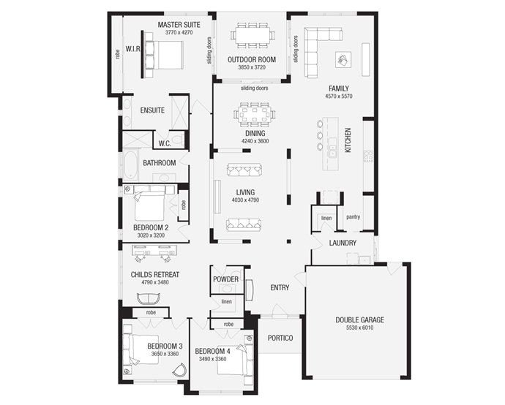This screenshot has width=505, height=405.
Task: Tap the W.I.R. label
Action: point(132,50)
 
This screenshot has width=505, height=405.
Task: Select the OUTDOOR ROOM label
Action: point(251,59)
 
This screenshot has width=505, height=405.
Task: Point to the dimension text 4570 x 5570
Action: point(339,96)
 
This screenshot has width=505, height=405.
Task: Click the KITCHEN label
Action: point(348,140)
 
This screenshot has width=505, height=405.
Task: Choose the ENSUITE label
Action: point(152,110)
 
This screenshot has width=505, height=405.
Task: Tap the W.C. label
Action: point(164,143)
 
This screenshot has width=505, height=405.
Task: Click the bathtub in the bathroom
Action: point(130,164)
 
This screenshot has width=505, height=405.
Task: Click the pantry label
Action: point(353,216)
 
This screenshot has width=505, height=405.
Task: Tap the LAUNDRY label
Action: point(343,243)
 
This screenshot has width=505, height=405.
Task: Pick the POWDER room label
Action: point(225,279)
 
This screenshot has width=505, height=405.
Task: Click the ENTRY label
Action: point(280,287)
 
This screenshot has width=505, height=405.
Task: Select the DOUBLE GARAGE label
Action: point(359,319)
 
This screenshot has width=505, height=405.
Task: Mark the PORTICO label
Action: point(280,338)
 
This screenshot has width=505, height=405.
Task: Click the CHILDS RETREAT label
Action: point(155,274)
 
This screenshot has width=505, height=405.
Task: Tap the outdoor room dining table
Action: point(252,34)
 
